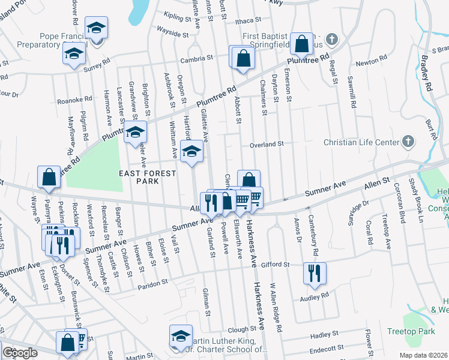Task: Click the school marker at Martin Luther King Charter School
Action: click(x=181, y=335)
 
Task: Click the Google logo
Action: click(x=20, y=353)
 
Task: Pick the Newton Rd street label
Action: click(x=371, y=62)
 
